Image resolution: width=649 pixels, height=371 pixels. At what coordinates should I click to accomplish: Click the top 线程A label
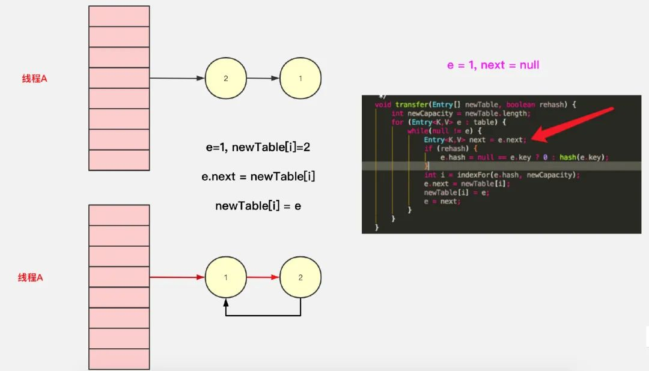[x=34, y=79]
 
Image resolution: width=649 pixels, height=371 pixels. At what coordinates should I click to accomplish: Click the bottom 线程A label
[x=30, y=277]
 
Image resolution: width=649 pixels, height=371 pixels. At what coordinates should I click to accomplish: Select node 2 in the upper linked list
[x=225, y=78]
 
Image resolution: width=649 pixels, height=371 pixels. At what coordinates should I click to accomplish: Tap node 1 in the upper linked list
[x=300, y=78]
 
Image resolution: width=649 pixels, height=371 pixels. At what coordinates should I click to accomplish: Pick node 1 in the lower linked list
[x=225, y=277]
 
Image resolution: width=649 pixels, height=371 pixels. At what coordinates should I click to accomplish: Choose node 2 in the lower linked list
[x=300, y=277]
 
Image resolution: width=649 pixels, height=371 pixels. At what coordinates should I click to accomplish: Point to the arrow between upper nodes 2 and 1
[x=263, y=78]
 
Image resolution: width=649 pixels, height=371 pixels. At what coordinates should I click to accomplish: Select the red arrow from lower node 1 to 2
[x=263, y=277]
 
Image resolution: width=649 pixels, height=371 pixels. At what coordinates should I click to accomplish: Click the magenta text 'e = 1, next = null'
[x=493, y=65]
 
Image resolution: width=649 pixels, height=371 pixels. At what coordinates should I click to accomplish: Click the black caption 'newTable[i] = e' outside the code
[x=258, y=206]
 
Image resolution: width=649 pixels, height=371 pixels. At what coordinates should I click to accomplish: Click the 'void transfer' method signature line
[x=475, y=104]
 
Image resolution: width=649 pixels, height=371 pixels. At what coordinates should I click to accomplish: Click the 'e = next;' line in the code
[x=442, y=201]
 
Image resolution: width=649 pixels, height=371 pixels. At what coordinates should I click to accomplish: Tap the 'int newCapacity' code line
[x=460, y=113]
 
